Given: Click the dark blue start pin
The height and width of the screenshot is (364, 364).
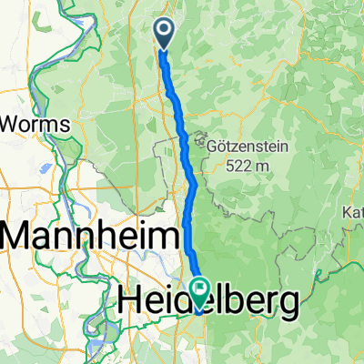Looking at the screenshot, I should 165,35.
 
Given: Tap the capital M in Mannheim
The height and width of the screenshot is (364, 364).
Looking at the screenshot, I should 21,238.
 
